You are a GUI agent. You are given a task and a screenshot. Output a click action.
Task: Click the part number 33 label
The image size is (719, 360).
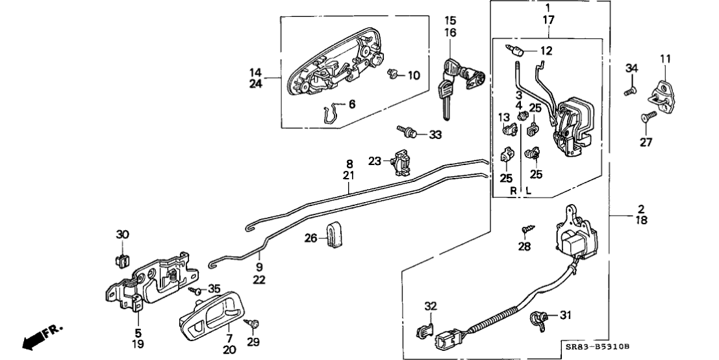435,135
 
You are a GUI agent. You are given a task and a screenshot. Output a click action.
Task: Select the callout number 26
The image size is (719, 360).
311,239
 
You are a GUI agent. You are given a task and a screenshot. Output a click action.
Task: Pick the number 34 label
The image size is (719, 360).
632,68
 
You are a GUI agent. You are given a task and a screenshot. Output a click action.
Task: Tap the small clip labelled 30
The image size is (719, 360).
120,260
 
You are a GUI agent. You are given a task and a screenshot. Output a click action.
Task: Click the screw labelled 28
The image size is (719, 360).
526,229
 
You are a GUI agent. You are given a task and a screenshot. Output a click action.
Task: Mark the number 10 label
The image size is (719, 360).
414,76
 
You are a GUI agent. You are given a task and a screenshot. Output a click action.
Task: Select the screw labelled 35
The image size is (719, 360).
195,289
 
